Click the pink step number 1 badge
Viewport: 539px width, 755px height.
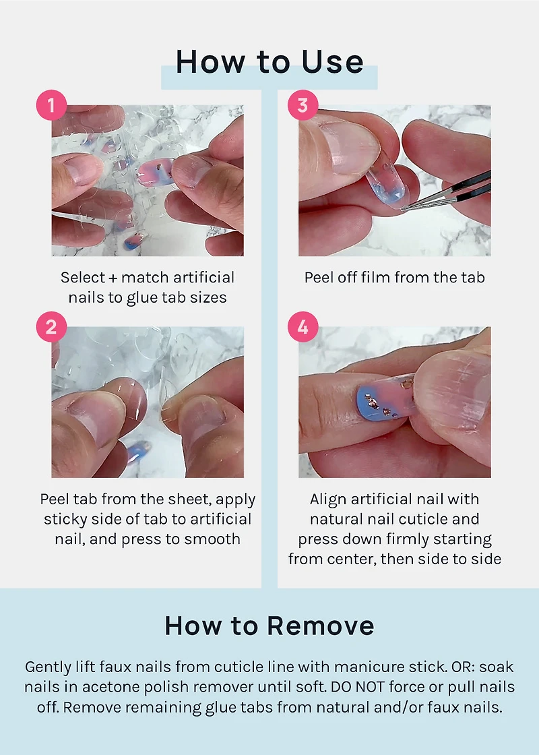[x=51, y=105]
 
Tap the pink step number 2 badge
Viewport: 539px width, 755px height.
[x=51, y=327]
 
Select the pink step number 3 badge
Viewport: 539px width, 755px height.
[x=303, y=105]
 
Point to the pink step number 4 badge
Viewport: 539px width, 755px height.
[x=303, y=327]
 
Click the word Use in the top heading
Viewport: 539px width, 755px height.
[x=332, y=62]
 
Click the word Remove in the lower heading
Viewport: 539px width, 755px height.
[x=321, y=626]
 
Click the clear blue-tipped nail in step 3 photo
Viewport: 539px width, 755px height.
[x=387, y=186]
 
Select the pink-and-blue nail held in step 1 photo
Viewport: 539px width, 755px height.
[x=156, y=172]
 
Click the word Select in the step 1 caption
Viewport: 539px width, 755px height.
[x=83, y=277]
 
